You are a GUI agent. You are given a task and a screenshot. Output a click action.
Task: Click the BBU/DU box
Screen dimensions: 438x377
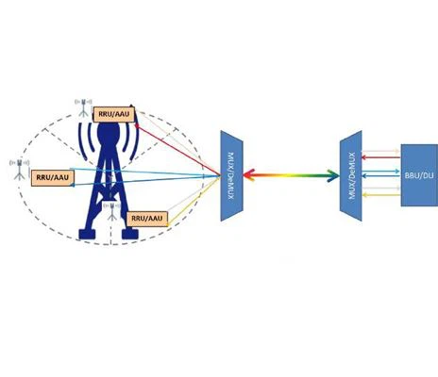419,175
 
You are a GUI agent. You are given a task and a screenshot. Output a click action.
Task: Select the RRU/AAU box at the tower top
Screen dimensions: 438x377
114,114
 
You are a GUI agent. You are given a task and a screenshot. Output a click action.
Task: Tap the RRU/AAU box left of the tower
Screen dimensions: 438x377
52,178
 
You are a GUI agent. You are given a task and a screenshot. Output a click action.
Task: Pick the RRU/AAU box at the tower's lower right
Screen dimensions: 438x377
147,219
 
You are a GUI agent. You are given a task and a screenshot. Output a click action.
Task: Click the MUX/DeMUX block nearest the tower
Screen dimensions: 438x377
231,176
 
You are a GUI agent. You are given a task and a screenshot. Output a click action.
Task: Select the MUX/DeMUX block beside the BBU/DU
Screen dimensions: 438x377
351,176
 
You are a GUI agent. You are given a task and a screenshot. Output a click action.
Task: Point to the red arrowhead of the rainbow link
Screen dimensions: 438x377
248,175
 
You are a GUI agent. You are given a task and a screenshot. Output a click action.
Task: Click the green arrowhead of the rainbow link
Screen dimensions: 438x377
333,175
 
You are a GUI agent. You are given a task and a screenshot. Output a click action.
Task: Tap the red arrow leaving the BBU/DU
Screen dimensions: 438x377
381,157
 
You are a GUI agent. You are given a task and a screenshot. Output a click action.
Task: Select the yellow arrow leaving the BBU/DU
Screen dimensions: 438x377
381,195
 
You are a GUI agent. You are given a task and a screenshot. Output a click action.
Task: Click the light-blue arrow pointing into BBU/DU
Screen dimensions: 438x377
381,172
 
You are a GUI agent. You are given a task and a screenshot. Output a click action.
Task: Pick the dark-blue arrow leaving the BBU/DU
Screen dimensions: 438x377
381,176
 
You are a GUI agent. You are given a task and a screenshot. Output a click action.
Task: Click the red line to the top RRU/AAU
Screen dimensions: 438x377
177,150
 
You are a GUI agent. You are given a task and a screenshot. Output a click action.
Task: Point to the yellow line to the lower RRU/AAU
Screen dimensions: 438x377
194,200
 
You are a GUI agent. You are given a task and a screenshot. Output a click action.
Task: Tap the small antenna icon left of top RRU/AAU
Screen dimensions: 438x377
83,107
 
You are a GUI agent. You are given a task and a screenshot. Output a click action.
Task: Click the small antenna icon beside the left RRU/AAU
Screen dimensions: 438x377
19,170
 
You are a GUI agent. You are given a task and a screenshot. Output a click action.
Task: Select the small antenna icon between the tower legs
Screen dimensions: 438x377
111,211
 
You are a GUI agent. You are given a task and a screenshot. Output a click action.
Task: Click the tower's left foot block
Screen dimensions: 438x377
87,235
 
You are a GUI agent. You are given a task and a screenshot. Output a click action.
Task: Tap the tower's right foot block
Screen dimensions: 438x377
130,235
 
